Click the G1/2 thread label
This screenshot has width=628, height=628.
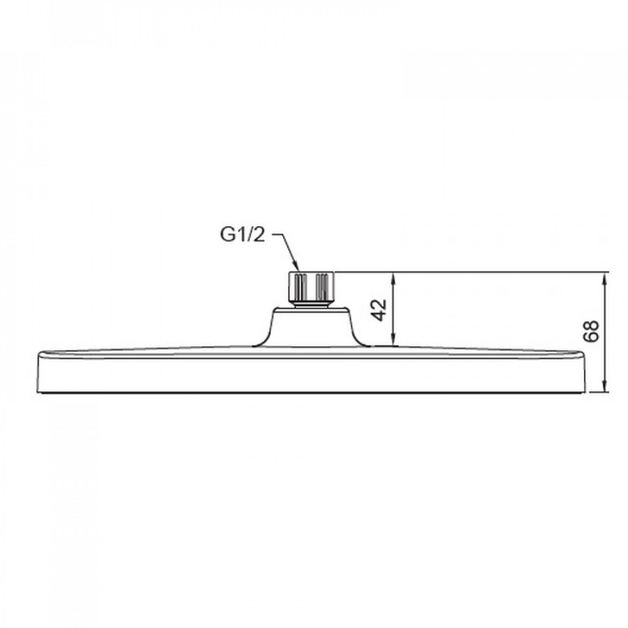(242, 234)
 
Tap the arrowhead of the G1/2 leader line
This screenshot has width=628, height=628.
(297, 266)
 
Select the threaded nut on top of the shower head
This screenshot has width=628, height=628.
(311, 286)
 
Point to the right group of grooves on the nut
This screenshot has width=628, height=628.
(322, 286)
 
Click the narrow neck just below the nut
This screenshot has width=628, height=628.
(311, 305)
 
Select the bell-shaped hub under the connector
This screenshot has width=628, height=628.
(311, 327)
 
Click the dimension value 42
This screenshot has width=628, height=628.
(379, 310)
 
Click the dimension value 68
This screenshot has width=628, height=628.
(591, 331)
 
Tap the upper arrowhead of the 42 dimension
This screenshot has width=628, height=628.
(394, 277)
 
